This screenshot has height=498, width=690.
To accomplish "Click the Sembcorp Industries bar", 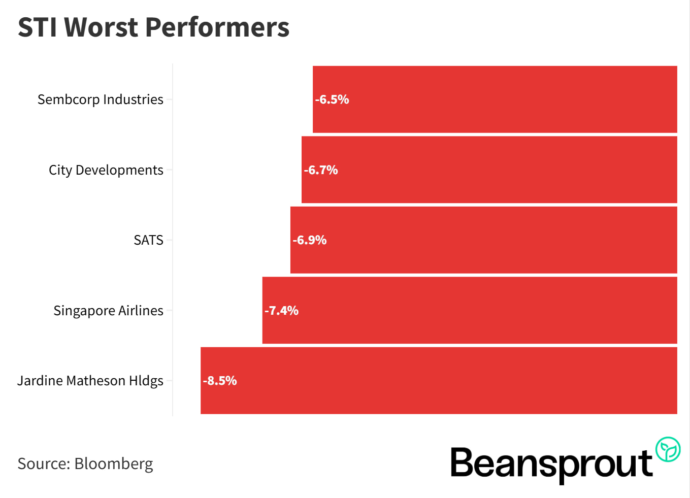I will pos(495,99).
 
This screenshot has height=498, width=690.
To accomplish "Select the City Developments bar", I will pos(489,170).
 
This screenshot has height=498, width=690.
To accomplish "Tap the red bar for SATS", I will pos(484,240).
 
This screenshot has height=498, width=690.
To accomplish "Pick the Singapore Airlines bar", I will pos(470,310).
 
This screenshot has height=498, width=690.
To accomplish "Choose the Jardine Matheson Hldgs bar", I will pos(439,380).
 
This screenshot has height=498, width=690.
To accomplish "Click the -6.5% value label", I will pos(332,99).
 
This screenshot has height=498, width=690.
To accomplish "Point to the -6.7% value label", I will pos(321,170).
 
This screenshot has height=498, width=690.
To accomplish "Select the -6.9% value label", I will pos(310,240).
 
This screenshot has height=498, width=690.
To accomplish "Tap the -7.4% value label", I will pos(282,311).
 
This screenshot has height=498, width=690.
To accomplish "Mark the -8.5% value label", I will pos(220,381).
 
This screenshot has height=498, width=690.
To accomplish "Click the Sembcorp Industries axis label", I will pos(101,99).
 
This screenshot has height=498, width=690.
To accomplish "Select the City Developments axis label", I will pos(106,170).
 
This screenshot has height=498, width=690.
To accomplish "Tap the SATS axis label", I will pos(148,240).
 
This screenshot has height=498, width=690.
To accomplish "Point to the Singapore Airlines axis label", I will pos(108,311).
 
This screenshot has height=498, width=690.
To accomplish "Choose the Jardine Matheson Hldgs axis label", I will pos(90,381).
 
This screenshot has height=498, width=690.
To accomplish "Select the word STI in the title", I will pos(37,27).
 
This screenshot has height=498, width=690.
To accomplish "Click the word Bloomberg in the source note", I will pos(113,463).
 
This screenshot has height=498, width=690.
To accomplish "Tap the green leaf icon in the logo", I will pos(668,449).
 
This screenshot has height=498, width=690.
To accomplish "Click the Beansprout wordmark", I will pos(551,463).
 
